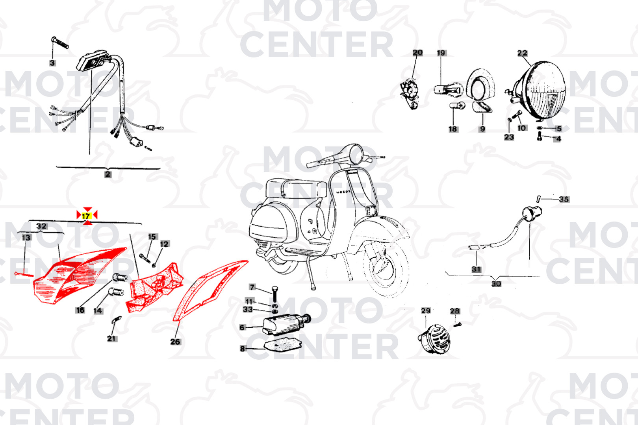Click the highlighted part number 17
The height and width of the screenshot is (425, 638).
[x=86, y=216]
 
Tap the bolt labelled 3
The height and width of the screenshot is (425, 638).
[x=60, y=43]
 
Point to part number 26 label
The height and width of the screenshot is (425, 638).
[x=175, y=342]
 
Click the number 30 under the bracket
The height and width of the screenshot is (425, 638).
[x=496, y=283]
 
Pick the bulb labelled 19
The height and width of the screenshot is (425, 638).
[x=448, y=89]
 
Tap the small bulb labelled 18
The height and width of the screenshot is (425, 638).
[x=457, y=106]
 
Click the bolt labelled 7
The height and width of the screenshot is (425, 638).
[x=274, y=294]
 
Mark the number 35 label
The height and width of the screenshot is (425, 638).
[x=564, y=199]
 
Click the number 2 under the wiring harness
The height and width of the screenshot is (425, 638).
[x=108, y=174]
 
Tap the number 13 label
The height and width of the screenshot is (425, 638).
[x=26, y=237]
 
